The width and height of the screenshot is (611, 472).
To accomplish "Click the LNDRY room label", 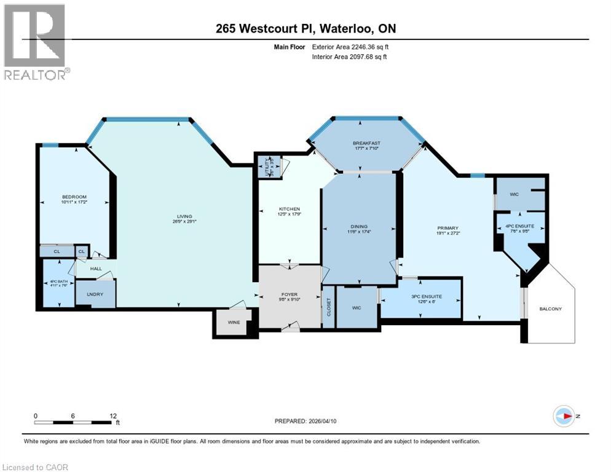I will click(95, 294).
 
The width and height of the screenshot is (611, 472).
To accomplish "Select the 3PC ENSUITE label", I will click(421, 297).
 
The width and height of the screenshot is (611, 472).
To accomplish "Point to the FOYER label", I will click(289, 296).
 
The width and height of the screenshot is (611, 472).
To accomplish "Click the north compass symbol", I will click(564, 416).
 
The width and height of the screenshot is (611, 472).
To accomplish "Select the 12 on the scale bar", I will click(112, 415).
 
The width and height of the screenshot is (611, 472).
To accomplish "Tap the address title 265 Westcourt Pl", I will click(306, 29).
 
